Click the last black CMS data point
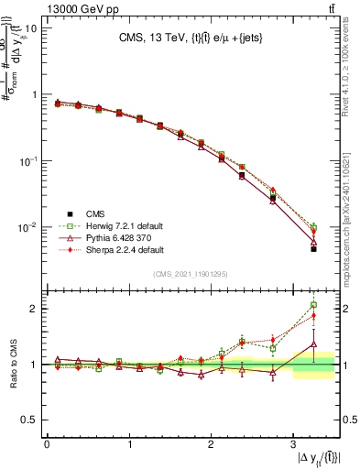coord(313,248)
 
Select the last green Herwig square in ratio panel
coord(313,305)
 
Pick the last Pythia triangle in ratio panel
coord(313,344)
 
